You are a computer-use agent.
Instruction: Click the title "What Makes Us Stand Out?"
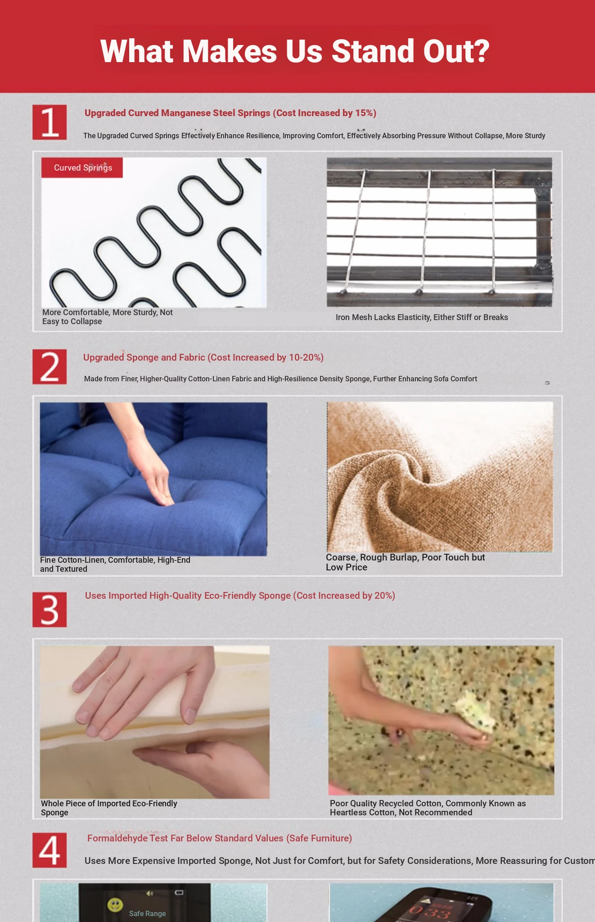pyautogui.click(x=295, y=51)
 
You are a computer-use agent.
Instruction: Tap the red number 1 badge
pyautogui.click(x=50, y=122)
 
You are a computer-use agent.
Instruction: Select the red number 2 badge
pyautogui.click(x=50, y=366)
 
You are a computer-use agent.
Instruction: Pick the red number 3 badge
pyautogui.click(x=50, y=610)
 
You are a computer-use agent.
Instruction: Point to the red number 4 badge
pyautogui.click(x=50, y=850)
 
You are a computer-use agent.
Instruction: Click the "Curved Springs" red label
pyautogui.click(x=82, y=167)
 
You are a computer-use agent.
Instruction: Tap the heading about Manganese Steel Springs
pyautogui.click(x=230, y=113)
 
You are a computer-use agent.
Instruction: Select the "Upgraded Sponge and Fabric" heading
pyautogui.click(x=203, y=357)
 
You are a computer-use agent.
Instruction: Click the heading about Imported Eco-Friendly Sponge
pyautogui.click(x=240, y=596)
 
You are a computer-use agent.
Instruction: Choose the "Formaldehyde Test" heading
pyautogui.click(x=220, y=838)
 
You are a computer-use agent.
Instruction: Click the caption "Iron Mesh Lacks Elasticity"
pyautogui.click(x=422, y=317)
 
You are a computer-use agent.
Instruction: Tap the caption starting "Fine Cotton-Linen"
pyautogui.click(x=115, y=565)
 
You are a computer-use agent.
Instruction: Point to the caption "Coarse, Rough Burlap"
pyautogui.click(x=406, y=562)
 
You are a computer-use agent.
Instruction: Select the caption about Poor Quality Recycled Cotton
pyautogui.click(x=428, y=808)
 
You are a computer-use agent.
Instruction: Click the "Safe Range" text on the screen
pyautogui.click(x=148, y=913)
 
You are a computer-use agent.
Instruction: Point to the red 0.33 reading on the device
pyautogui.click(x=429, y=912)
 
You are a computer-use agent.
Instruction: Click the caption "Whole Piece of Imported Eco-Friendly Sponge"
pyautogui.click(x=109, y=808)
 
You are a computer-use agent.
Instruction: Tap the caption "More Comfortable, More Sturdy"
pyautogui.click(x=108, y=317)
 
